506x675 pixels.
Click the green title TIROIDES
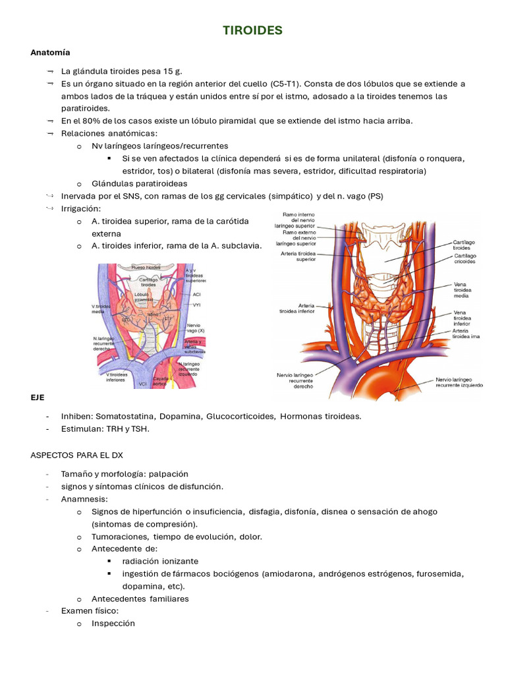pos(252,30)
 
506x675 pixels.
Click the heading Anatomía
pos(50,52)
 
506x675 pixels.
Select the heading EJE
pos(38,399)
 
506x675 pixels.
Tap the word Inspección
pos(113,624)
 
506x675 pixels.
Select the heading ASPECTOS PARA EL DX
pos(76,455)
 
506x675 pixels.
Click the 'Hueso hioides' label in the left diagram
pos(146,268)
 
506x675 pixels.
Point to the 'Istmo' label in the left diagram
pos(152,315)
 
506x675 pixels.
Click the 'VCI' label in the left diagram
pos(142,384)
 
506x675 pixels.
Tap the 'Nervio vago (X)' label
pos(194,328)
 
